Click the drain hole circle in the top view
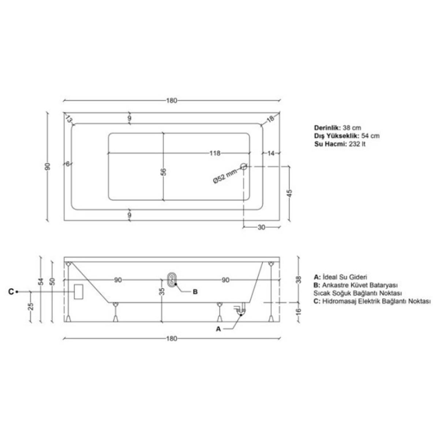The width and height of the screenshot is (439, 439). (244, 166)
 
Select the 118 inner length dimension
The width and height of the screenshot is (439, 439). (215, 153)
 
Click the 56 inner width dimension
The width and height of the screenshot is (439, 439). (164, 172)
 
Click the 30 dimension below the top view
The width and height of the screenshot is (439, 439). (261, 227)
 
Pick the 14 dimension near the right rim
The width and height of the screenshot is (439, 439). (271, 153)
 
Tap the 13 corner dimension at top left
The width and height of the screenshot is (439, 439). (68, 119)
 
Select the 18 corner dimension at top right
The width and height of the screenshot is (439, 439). (270, 119)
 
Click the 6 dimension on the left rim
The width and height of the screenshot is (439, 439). (68, 164)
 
